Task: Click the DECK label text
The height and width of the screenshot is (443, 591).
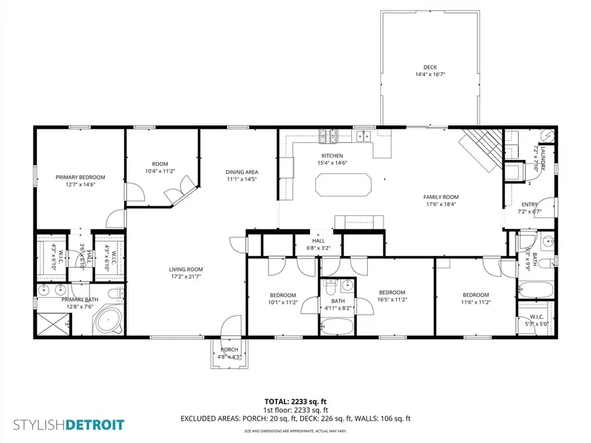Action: (x=429, y=67)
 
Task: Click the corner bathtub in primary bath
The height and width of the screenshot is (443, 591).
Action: (x=108, y=322)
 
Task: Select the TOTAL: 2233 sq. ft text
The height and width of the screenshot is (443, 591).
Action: (x=295, y=400)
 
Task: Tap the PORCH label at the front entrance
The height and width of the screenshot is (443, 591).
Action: (x=229, y=349)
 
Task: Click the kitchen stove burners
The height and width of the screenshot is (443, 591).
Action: (x=328, y=137)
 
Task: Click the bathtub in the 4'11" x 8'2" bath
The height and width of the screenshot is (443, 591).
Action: (x=338, y=326)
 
